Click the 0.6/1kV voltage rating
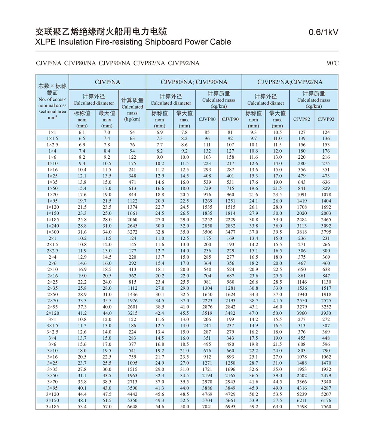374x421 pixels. click(324, 32)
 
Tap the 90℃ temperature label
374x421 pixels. click(332, 63)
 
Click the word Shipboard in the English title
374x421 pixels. click(163, 42)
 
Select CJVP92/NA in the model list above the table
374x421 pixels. click(184, 63)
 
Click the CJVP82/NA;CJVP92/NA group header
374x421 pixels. click(289, 82)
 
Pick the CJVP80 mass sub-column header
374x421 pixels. click(207, 119)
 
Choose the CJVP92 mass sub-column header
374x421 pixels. click(326, 119)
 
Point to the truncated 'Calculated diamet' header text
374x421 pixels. click(266, 103)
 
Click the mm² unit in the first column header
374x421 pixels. click(52, 118)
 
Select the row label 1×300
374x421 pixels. click(52, 232)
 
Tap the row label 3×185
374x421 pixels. click(52, 407)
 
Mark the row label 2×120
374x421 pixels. click(52, 313)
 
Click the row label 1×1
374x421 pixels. click(52, 132)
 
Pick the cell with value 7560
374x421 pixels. click(326, 407)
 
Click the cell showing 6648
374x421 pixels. click(132, 407)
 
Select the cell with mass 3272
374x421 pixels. click(132, 232)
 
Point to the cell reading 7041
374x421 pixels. click(207, 407)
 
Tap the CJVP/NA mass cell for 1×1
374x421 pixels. click(132, 132)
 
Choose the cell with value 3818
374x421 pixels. click(301, 232)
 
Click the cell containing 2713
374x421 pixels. click(132, 382)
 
